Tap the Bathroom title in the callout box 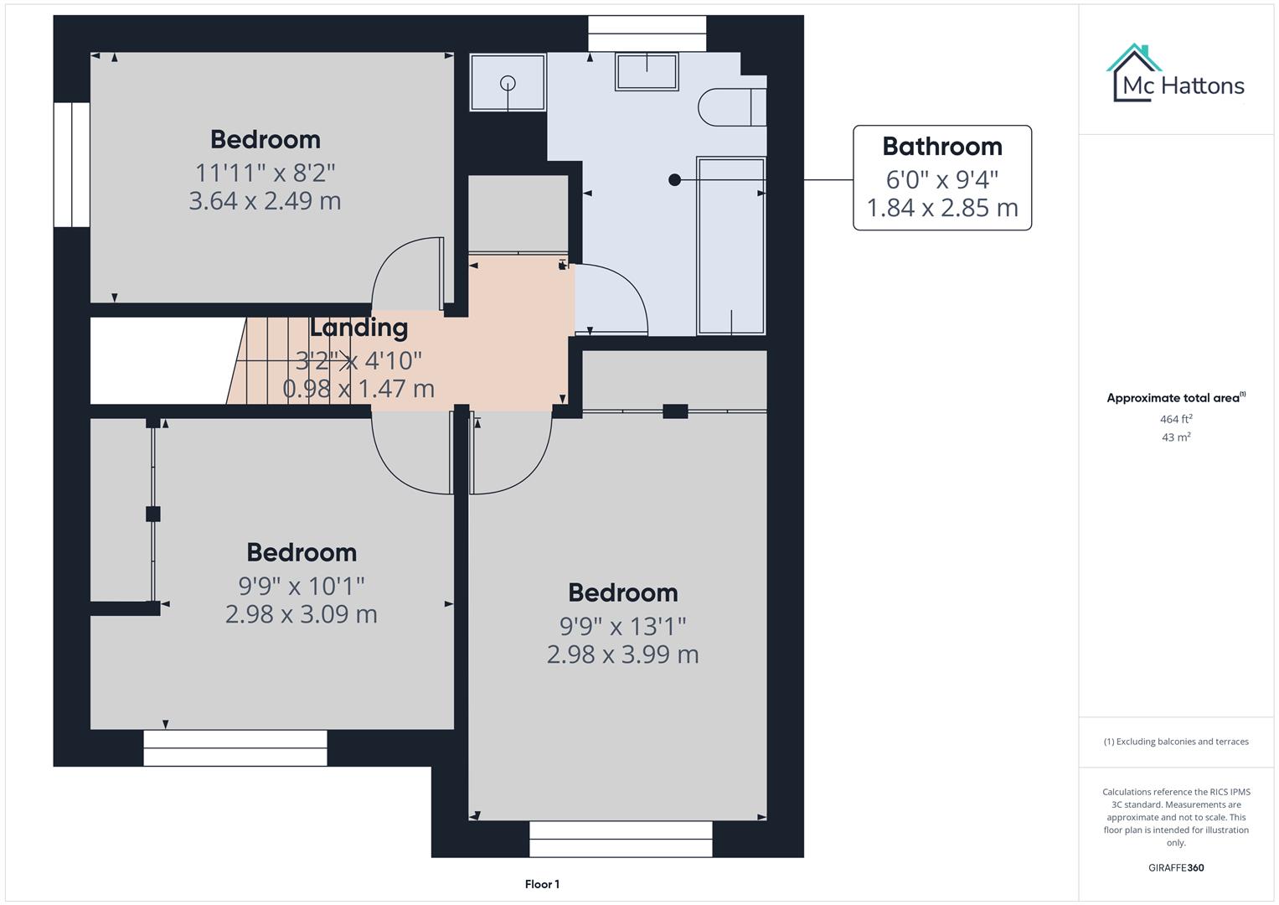[x=941, y=147]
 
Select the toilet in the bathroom [x=731, y=106]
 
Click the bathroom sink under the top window [x=647, y=71]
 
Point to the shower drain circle [x=508, y=83]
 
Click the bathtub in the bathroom [x=730, y=246]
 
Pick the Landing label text [x=358, y=328]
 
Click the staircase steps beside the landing [x=276, y=361]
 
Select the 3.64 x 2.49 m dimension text [x=265, y=201]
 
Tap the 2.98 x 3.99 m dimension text [x=622, y=654]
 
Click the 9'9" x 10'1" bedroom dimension [x=302, y=586]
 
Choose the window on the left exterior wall [x=72, y=164]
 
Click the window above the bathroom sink [x=647, y=34]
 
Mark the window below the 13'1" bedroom [x=621, y=838]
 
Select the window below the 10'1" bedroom [x=235, y=747]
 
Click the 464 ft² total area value [x=1176, y=419]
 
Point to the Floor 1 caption [x=542, y=884]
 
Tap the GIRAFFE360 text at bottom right [x=1176, y=868]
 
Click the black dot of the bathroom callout [x=674, y=180]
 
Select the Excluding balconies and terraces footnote [x=1176, y=742]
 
